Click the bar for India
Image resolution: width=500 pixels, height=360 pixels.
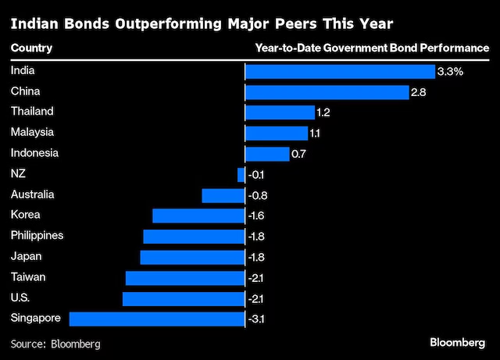[x=340, y=72]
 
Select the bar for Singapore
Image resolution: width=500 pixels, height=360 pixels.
[x=157, y=319]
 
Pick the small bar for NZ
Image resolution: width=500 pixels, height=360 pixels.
[x=241, y=175]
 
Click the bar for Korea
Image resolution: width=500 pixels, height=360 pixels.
[x=198, y=216]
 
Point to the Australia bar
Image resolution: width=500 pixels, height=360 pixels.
[x=223, y=195]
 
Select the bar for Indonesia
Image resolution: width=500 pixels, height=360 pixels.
[x=267, y=154]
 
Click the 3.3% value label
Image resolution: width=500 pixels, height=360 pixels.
[x=451, y=72]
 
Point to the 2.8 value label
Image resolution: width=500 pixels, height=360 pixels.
[x=420, y=92]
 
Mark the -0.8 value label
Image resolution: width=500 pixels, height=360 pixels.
[x=257, y=195]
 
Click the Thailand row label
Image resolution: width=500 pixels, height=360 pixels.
[x=32, y=112]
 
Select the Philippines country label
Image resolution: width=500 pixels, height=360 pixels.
[x=37, y=235]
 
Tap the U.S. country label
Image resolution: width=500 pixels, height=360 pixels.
[x=21, y=297]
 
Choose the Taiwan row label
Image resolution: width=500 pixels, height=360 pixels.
[x=28, y=276]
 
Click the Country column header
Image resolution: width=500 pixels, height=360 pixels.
[x=31, y=48]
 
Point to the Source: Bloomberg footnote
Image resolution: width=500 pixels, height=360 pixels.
[x=55, y=343]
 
